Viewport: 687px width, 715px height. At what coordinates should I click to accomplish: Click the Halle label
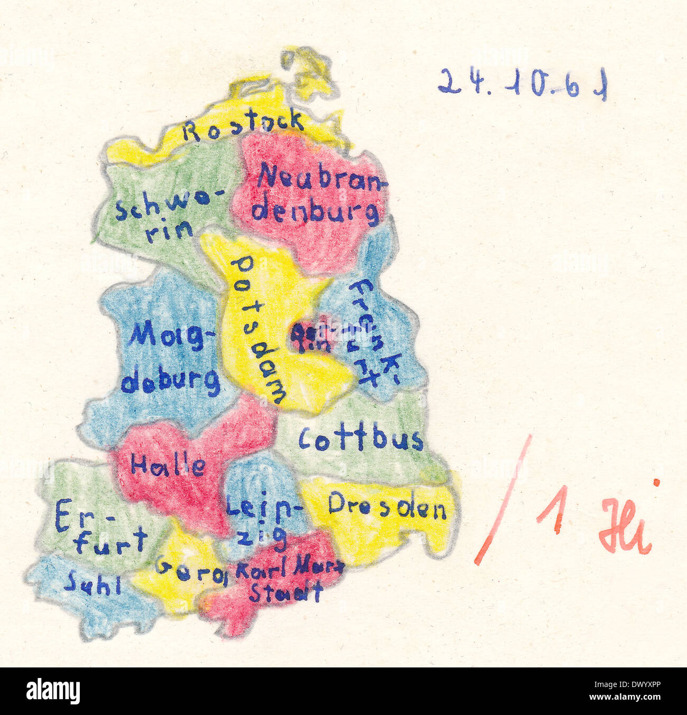[x=168, y=465]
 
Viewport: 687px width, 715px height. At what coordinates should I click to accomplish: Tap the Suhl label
[x=92, y=584]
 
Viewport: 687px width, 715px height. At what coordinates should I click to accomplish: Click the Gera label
[x=190, y=571]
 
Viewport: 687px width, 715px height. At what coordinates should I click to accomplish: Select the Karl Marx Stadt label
[x=288, y=580]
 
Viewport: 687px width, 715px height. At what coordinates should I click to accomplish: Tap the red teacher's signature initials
[x=626, y=523]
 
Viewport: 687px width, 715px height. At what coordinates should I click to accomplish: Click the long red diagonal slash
[x=503, y=500]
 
